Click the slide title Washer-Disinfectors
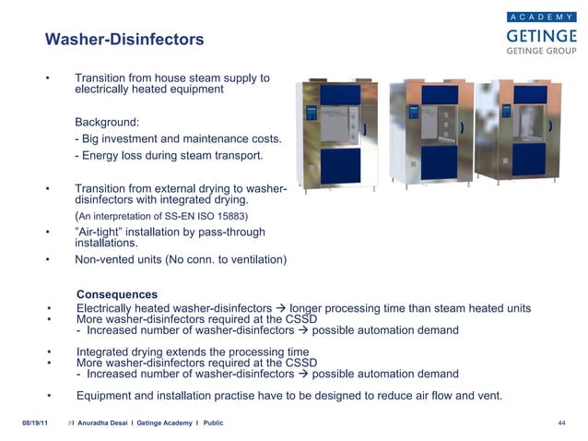[124, 41]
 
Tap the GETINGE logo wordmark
[541, 35]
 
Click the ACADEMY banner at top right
[542, 16]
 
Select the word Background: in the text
[106, 122]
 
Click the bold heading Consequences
[117, 294]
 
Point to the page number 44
[560, 423]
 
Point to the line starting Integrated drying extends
[192, 352]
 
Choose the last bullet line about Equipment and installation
[288, 396]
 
